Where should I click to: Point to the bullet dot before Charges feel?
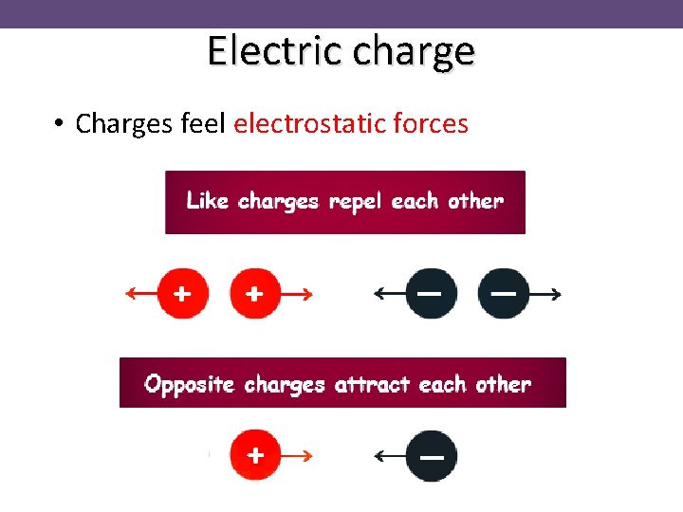[x=59, y=124]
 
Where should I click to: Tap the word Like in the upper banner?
[x=208, y=201]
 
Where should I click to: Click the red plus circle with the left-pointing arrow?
[x=183, y=294]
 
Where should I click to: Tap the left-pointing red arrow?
[x=140, y=294]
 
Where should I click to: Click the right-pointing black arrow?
[x=545, y=294]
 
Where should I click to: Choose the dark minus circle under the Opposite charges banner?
[x=432, y=456]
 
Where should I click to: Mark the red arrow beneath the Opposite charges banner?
[x=298, y=456]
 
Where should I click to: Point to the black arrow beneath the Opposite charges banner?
[x=389, y=456]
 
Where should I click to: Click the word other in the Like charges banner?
[x=475, y=201]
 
